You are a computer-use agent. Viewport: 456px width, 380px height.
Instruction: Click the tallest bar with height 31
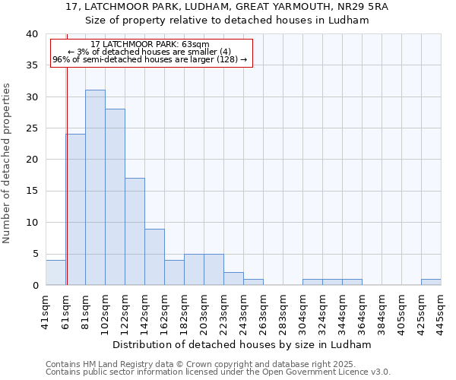(x=95, y=188)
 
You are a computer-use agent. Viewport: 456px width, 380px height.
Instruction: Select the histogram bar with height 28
(x=115, y=197)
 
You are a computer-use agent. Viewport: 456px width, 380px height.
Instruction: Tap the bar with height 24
(x=75, y=210)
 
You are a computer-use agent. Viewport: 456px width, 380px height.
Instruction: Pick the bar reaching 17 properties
(x=135, y=232)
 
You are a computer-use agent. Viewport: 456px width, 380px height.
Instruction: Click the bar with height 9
(x=154, y=257)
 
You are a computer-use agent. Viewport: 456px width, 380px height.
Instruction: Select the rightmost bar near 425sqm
(x=431, y=282)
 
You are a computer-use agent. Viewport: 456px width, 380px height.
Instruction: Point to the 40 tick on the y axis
(x=31, y=34)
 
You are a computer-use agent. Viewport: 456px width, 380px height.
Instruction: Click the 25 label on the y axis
(x=31, y=128)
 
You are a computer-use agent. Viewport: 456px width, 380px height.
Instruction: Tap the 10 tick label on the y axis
(x=31, y=223)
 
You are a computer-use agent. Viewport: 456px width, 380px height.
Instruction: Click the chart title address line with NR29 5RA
(x=227, y=7)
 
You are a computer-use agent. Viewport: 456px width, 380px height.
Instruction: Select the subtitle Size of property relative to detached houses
(x=227, y=21)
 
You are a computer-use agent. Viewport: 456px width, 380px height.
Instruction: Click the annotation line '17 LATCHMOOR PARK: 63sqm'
(x=150, y=44)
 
